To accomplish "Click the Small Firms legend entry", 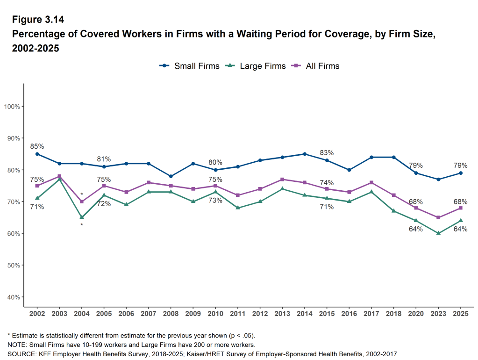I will (x=190, y=66).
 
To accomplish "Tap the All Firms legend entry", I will (x=315, y=66).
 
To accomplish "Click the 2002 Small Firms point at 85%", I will (x=37, y=154).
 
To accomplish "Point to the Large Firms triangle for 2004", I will (x=82, y=217).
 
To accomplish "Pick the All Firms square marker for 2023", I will (x=438, y=217).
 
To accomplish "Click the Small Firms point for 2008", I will (x=171, y=176).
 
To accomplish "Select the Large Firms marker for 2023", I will (x=438, y=233).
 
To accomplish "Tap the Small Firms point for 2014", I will (x=305, y=154).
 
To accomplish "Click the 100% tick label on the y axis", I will (x=12, y=107).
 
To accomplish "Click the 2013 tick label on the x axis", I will (x=282, y=313).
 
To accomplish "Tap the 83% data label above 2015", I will (x=327, y=153).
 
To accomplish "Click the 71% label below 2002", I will (x=37, y=207).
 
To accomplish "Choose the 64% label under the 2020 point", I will (x=416, y=229).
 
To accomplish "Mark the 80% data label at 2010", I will (x=215, y=162).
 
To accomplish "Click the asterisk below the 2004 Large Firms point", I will (x=82, y=225).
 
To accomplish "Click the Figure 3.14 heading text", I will (x=37, y=20).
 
